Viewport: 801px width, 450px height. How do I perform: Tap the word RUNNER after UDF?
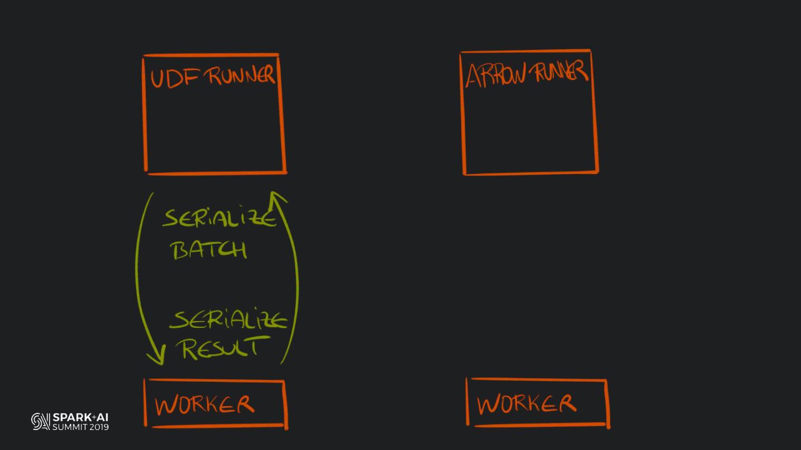(241, 76)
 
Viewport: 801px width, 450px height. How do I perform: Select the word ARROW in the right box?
(495, 76)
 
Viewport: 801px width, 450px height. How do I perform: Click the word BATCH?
(209, 250)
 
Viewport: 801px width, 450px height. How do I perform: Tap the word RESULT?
(220, 348)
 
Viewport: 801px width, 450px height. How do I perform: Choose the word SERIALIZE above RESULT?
(229, 321)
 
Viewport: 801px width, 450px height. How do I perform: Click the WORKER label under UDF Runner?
(204, 405)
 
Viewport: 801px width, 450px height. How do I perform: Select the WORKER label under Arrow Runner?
(526, 404)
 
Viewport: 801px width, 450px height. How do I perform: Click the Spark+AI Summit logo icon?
(41, 421)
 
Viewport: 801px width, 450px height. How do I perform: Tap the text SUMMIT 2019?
(81, 427)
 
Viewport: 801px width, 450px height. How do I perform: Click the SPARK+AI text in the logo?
(81, 417)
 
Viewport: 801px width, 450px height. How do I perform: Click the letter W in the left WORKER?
(166, 406)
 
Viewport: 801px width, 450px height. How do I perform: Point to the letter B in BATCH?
(182, 251)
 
